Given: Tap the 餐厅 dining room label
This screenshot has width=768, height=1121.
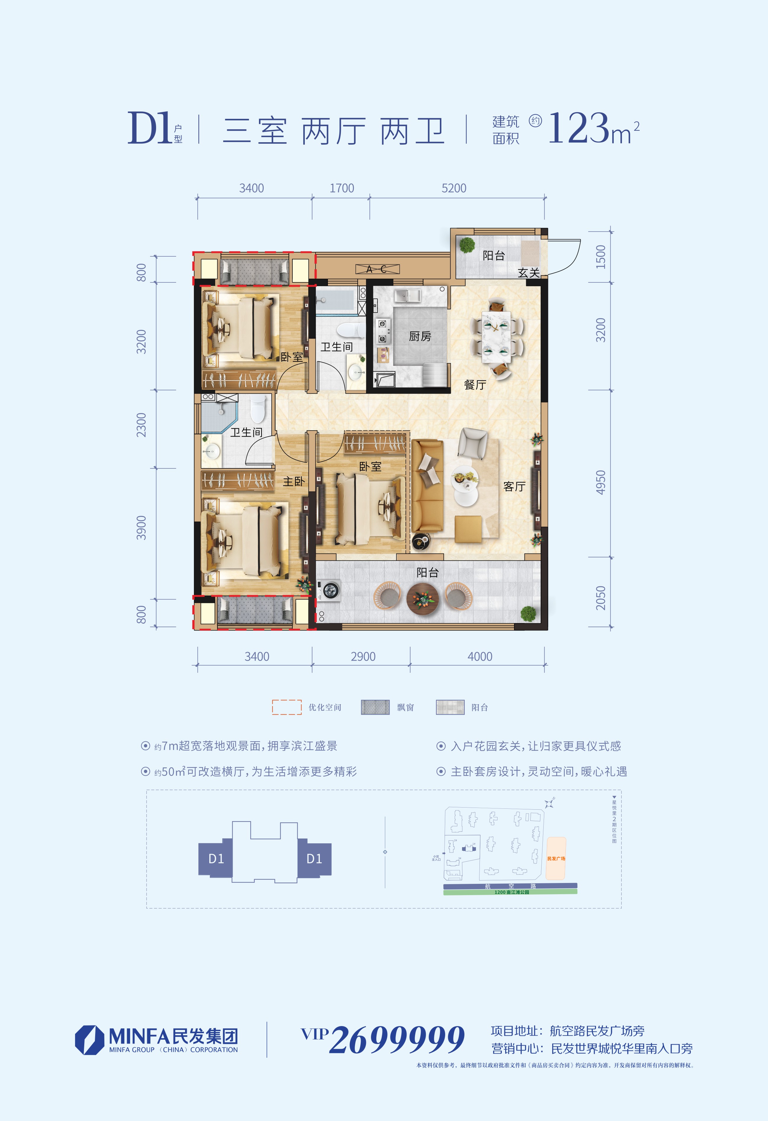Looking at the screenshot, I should coord(474,384).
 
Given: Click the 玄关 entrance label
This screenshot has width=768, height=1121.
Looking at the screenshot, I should coord(528,273).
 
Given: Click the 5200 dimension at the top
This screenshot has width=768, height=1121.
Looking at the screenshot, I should coord(454,188).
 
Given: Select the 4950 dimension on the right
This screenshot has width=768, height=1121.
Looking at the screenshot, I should coord(600,482).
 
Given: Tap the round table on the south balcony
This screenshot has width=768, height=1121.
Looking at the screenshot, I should coord(422,598).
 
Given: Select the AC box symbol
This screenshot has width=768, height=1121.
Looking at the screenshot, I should coord(377,269).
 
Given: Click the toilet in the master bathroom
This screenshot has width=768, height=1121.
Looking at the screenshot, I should coord(258,409).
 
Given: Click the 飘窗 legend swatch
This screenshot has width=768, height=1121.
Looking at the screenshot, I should coord(375,707).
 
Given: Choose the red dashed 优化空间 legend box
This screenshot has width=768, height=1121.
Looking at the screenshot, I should coord(287,707).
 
